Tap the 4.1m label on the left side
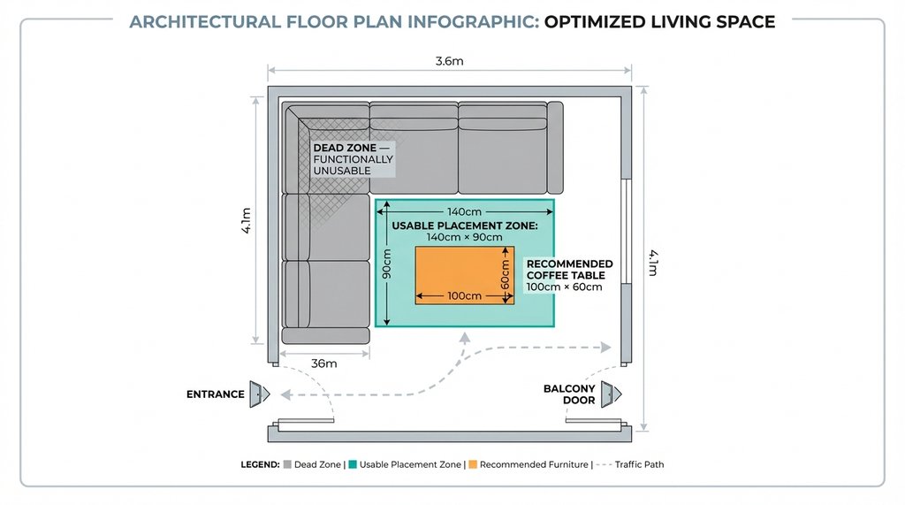pos(247,220)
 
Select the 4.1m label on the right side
pos(655,263)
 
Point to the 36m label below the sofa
pos(325,363)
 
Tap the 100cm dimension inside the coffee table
pos(464,295)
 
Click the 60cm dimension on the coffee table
pos(505,275)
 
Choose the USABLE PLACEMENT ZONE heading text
pos(464,226)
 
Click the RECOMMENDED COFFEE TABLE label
pos(569,270)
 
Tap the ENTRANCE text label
pos(215,394)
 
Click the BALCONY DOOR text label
pos(568,394)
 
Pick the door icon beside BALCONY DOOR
pos(610,394)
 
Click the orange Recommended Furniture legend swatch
pos(473,464)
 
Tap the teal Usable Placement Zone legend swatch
pos(353,464)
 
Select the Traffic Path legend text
pos(641,464)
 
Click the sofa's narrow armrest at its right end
pos(555,148)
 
